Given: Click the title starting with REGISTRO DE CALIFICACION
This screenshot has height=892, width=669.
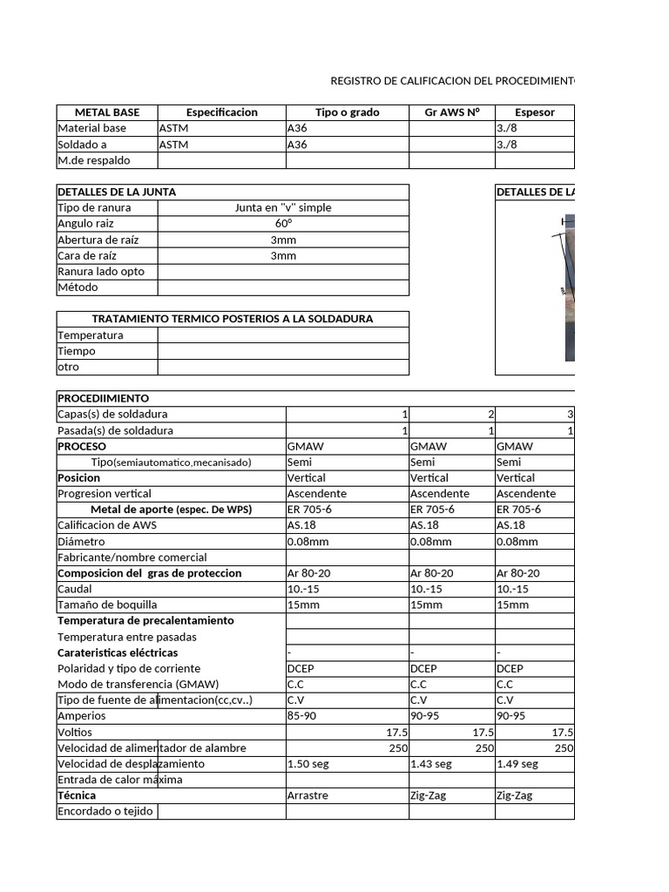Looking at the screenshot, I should click(x=452, y=81).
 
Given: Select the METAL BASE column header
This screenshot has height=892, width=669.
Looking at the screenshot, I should click(x=107, y=112).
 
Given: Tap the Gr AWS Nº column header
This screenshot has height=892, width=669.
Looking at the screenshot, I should click(x=451, y=112).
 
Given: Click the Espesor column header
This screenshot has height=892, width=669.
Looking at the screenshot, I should click(x=534, y=112).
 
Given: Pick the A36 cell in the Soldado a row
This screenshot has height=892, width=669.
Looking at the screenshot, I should click(x=297, y=145).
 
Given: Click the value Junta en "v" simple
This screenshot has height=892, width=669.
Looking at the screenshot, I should click(x=283, y=208).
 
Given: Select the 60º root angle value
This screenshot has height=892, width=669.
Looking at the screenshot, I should click(x=283, y=224).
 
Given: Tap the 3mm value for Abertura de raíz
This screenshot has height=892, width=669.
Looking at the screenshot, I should click(x=283, y=240).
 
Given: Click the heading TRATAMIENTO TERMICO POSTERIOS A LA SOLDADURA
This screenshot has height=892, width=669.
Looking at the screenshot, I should click(x=233, y=319).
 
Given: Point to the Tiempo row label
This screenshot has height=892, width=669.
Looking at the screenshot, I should click(x=77, y=351).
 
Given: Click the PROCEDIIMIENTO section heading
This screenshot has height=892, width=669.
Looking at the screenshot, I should click(x=103, y=398).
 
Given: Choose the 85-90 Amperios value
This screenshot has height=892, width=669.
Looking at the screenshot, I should click(x=301, y=716).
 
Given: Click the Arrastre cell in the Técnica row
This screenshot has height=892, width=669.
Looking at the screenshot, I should click(x=308, y=795).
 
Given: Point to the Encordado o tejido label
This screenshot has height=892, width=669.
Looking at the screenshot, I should click(x=105, y=811).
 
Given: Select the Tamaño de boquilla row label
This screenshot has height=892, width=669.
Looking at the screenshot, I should click(x=107, y=605).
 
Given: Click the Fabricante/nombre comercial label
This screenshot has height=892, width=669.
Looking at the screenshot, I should click(x=132, y=557).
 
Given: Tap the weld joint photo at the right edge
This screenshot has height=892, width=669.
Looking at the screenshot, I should click(x=567, y=287).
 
